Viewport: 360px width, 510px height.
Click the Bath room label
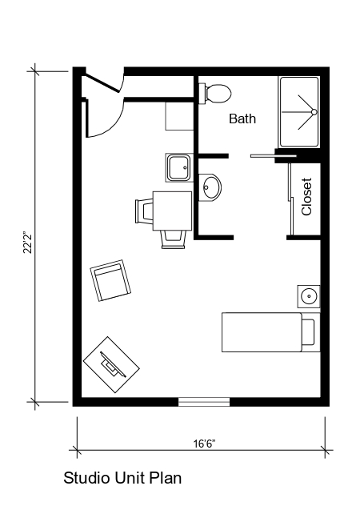click(242, 119)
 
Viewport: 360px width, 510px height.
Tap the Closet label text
click(306, 196)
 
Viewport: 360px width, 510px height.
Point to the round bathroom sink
click(210, 187)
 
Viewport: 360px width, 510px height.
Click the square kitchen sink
click(178, 168)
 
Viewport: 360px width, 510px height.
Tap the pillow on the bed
click(309, 332)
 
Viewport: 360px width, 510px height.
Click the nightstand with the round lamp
click(309, 296)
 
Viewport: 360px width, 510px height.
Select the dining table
click(172, 209)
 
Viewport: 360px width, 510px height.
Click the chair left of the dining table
click(144, 211)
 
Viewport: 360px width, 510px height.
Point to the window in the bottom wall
click(203, 402)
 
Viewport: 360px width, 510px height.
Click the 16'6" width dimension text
click(203, 443)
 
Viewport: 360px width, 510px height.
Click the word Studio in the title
click(85, 479)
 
